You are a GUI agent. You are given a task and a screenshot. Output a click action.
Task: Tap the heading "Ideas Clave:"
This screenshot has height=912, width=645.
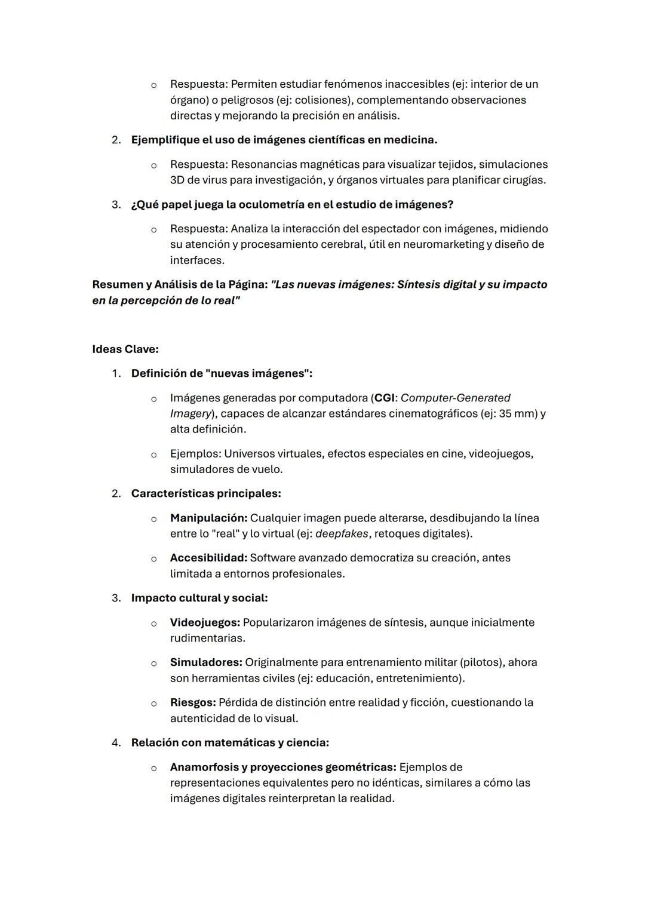click(x=125, y=349)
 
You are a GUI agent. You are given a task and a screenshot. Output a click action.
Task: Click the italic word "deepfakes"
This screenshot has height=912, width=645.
click(x=342, y=533)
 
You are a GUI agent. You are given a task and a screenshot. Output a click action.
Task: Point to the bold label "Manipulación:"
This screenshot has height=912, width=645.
click(x=208, y=518)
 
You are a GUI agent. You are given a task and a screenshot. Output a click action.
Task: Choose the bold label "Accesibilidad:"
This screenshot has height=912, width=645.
click(x=208, y=558)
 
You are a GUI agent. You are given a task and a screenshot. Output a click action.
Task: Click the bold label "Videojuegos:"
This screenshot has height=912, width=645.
click(x=205, y=622)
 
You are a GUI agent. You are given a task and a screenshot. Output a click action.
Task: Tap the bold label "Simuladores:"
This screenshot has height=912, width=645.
click(x=206, y=662)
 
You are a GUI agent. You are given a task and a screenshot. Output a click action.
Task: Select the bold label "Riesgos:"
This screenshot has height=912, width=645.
click(x=193, y=702)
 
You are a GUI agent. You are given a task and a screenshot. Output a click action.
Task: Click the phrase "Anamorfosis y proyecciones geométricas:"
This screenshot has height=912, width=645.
click(x=283, y=767)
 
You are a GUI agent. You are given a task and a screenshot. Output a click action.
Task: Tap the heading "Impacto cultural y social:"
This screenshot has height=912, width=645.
click(x=199, y=598)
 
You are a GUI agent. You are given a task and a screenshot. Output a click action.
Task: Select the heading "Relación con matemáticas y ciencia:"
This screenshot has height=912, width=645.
click(x=230, y=742)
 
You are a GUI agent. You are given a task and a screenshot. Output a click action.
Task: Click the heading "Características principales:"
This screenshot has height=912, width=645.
click(x=206, y=493)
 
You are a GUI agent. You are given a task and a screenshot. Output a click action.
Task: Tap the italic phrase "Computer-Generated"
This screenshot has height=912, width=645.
click(x=456, y=398)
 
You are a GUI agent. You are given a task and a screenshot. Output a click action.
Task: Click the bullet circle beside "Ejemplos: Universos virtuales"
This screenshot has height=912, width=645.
click(x=153, y=455)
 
